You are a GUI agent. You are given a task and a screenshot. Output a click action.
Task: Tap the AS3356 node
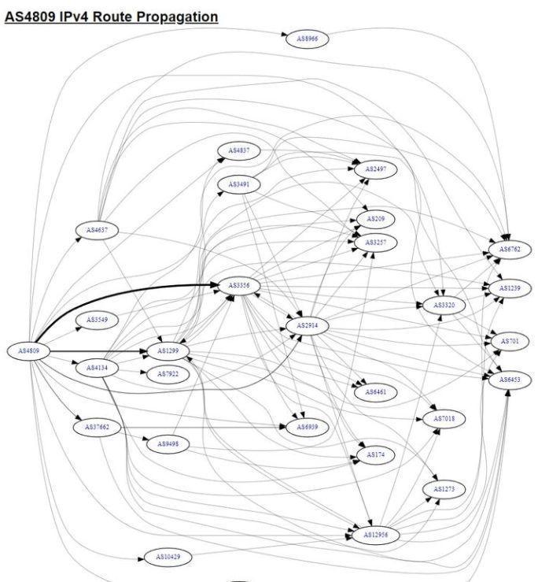(238, 285)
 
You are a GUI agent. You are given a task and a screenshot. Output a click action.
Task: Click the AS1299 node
(164, 350)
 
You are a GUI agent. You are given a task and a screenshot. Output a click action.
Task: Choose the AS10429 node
(168, 557)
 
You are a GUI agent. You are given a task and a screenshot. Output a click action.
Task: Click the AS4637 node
(98, 230)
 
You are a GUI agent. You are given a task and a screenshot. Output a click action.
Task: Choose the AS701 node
(510, 342)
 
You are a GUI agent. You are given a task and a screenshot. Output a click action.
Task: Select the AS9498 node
(168, 444)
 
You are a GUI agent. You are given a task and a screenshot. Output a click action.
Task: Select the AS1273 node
(444, 490)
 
